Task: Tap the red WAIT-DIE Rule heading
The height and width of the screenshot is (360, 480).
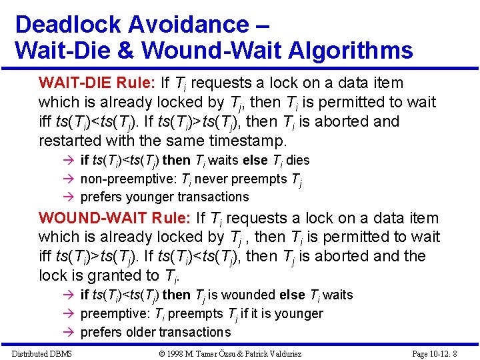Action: tap(97, 83)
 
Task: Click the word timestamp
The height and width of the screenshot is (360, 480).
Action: tap(253, 141)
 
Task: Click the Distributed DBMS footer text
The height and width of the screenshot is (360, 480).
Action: tap(41, 353)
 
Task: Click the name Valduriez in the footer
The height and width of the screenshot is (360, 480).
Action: tap(326, 353)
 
